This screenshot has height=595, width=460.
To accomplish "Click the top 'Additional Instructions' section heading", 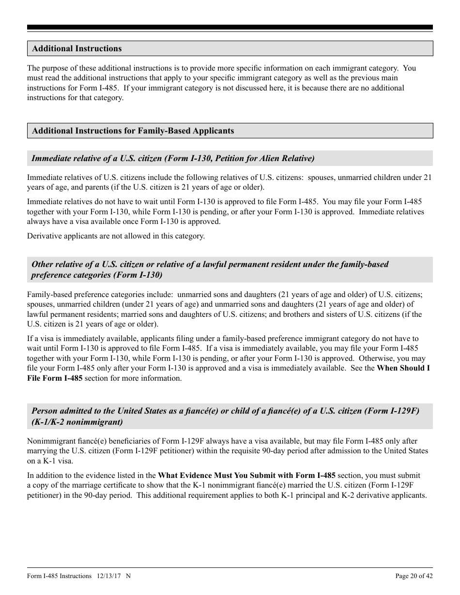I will pyautogui.click(x=77, y=48).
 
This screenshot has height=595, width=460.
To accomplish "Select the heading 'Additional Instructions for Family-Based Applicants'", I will pyautogui.click(x=133, y=131).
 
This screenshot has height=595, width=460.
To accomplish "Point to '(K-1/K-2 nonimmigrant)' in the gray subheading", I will pyautogui.click(x=77, y=422).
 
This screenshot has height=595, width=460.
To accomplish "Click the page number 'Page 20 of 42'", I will pyautogui.click(x=414, y=576).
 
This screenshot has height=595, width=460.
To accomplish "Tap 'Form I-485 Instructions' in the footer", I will pyautogui.click(x=59, y=576).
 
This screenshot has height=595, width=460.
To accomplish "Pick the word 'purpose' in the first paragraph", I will pyautogui.click(x=53, y=68).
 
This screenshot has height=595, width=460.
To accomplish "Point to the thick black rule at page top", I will pyautogui.click(x=230, y=28).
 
